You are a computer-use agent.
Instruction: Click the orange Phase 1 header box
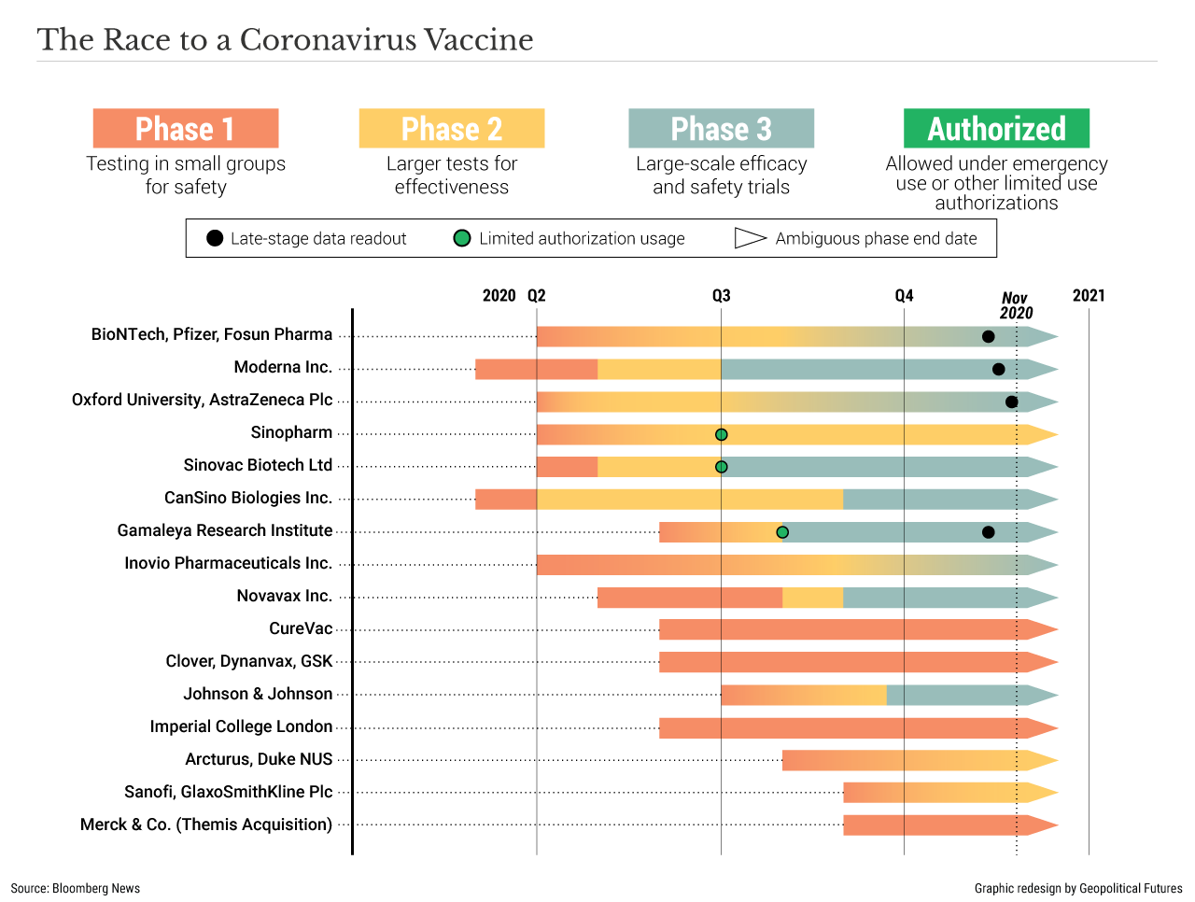pyautogui.click(x=186, y=129)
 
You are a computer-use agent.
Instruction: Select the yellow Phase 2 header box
pyautogui.click(x=452, y=129)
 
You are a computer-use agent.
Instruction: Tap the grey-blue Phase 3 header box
pyautogui.click(x=721, y=129)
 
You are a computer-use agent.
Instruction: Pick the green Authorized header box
pyautogui.click(x=996, y=129)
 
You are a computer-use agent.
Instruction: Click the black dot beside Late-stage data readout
pyautogui.click(x=215, y=238)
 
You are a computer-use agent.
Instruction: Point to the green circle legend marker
pyautogui.click(x=461, y=238)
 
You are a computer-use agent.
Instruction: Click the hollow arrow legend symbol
pyautogui.click(x=750, y=238)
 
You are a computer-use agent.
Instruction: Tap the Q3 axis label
pyautogui.click(x=721, y=296)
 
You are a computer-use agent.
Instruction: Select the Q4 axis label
pyautogui.click(x=904, y=296)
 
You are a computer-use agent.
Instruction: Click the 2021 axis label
pyautogui.click(x=1089, y=296)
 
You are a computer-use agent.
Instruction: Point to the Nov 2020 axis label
pyautogui.click(x=1016, y=305)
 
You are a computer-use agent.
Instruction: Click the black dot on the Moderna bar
pyautogui.click(x=998, y=370)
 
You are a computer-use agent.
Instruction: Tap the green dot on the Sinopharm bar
pyautogui.click(x=721, y=435)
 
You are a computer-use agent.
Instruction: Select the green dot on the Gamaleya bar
pyautogui.click(x=782, y=532)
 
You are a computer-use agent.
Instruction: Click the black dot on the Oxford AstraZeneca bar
pyautogui.click(x=1011, y=402)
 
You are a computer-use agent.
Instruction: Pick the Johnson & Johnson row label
pyautogui.click(x=258, y=694)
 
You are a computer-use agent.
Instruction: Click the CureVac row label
pyautogui.click(x=301, y=628)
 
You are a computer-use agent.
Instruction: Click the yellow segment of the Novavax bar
pyautogui.click(x=812, y=598)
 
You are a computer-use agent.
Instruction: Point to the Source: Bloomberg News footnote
pyautogui.click(x=76, y=888)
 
